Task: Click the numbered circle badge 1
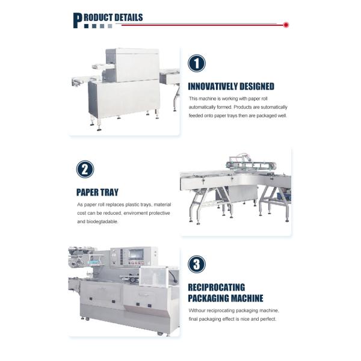click(x=197, y=64)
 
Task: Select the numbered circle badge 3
click(x=197, y=264)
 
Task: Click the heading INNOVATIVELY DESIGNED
click(x=231, y=86)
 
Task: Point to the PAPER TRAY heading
click(x=97, y=193)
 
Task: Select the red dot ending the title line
click(x=286, y=25)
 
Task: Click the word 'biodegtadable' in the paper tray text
click(x=104, y=221)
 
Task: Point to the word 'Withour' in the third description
click(x=198, y=310)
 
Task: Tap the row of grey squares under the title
click(x=98, y=25)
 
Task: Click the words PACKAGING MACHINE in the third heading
click(x=225, y=298)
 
